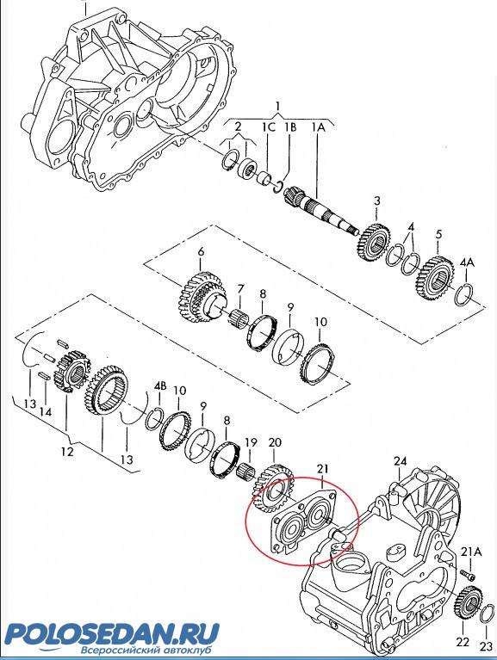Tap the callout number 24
click(401, 461)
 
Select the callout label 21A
click(471, 552)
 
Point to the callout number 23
click(487, 645)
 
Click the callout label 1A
click(319, 126)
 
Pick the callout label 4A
click(467, 262)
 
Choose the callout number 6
click(201, 252)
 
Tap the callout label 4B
click(160, 386)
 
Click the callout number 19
click(251, 442)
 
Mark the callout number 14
click(46, 411)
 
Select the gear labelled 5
click(435, 278)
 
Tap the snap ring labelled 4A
click(466, 293)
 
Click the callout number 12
click(67, 452)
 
